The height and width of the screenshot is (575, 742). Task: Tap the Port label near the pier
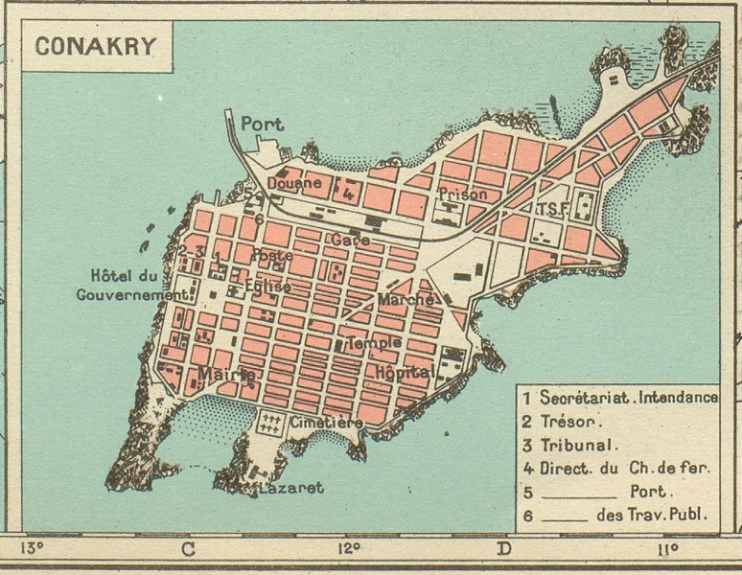coord(262,124)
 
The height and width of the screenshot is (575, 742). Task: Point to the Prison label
coord(463,195)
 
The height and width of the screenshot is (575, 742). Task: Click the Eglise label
coord(267,286)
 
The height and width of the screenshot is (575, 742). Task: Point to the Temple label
coord(374,342)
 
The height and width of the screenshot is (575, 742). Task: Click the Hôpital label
coord(406,371)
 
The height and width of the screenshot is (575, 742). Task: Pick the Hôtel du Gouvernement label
coord(130,287)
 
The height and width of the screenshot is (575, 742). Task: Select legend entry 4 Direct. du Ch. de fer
coord(615,468)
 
